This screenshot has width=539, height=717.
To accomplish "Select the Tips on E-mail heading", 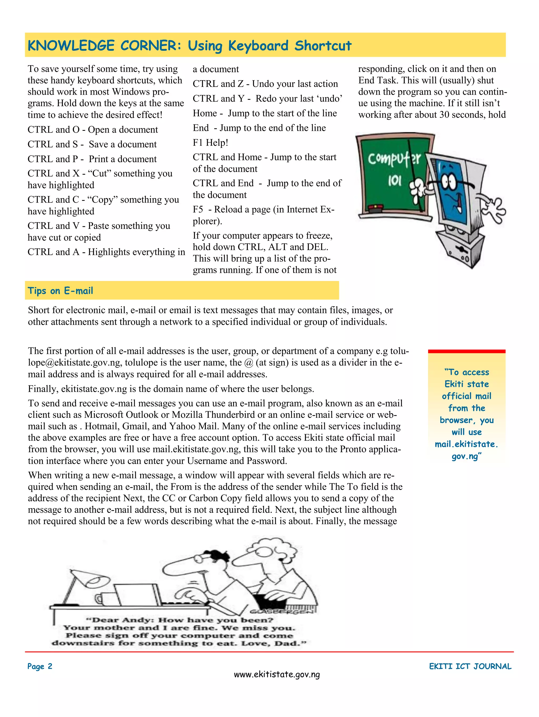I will [60, 290].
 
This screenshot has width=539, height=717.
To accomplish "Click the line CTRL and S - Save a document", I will [92, 144].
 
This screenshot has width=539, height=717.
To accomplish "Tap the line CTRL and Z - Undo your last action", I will [265, 84].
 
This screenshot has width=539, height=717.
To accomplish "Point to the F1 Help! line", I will [211, 143].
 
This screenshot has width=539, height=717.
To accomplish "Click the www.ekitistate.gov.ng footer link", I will [277, 675].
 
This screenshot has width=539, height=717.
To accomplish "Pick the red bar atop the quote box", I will [466, 351].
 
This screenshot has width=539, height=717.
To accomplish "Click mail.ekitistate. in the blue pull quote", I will [466, 444].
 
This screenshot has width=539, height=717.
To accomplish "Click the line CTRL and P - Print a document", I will [92, 159].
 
